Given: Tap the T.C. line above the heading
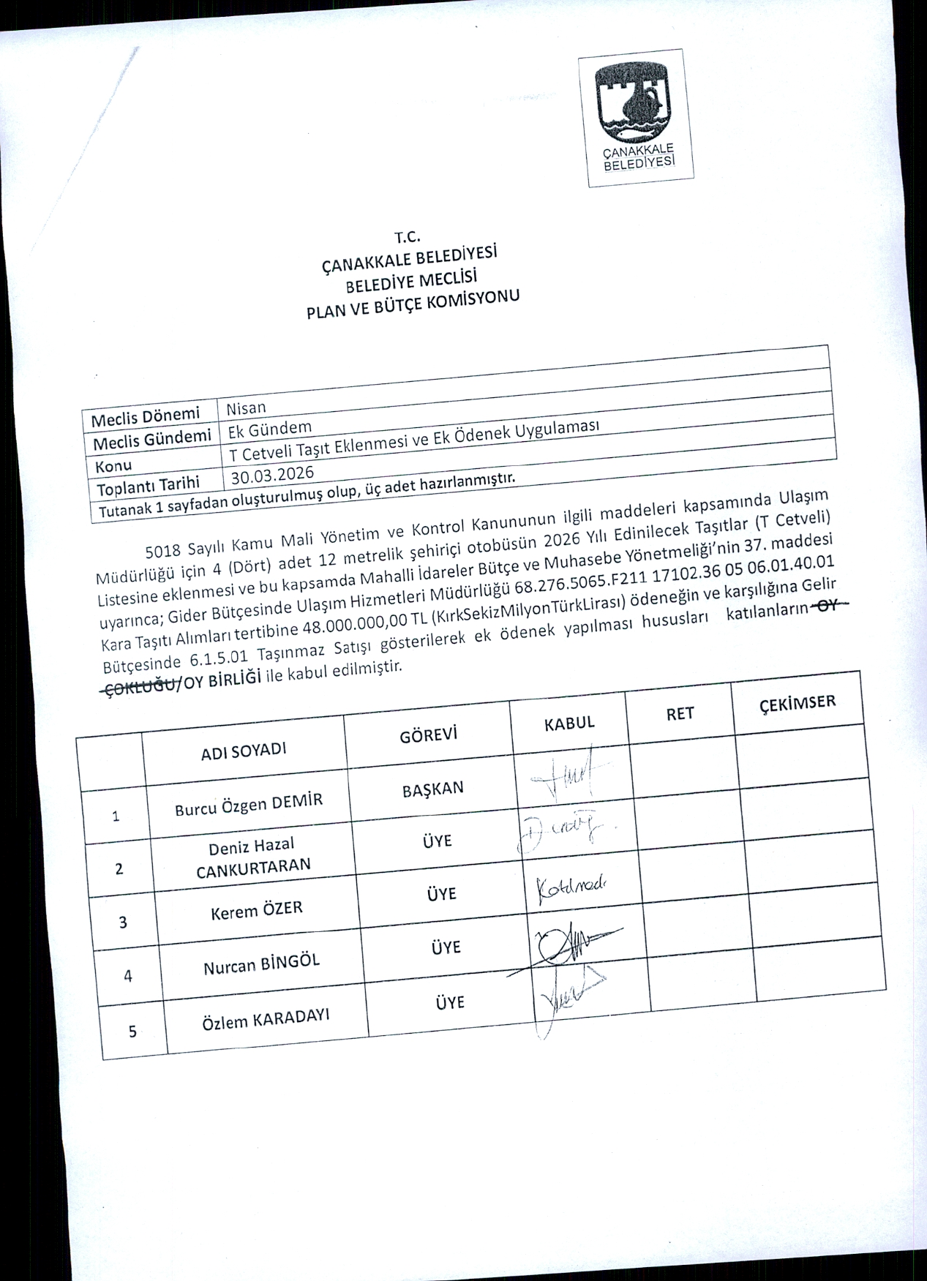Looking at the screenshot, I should point(406,237).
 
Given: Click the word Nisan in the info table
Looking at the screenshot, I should point(247,407).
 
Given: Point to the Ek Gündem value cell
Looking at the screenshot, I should point(270,428).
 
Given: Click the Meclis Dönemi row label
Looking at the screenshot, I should point(146,418).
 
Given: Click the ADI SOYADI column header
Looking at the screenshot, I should point(244,751).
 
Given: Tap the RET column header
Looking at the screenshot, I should point(680,714).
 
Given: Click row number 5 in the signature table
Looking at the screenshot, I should point(132,1032).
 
